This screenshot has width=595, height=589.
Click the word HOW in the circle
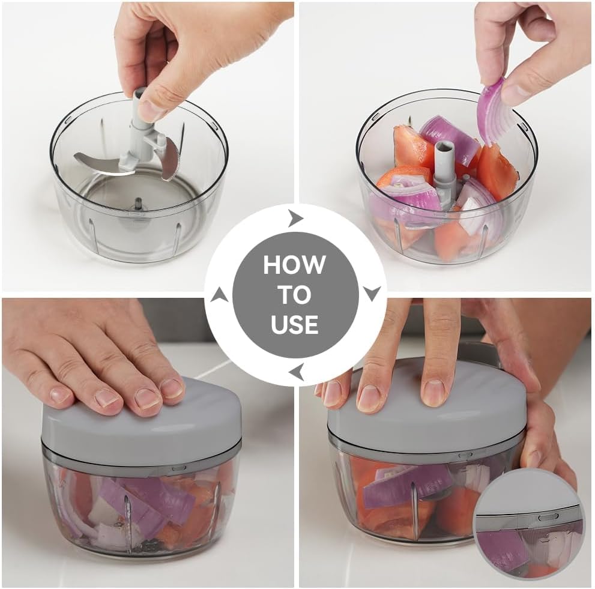294,264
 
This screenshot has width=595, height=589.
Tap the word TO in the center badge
294,294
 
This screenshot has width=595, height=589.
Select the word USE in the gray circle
294,324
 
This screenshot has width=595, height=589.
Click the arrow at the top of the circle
295,219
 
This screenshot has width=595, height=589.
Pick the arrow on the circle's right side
372,294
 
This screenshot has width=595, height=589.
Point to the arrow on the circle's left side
220,295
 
